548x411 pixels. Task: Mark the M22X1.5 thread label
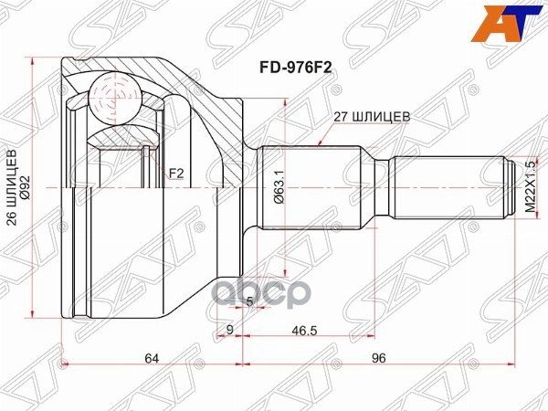(x=528, y=186)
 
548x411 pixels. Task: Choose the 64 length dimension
(x=152, y=358)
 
